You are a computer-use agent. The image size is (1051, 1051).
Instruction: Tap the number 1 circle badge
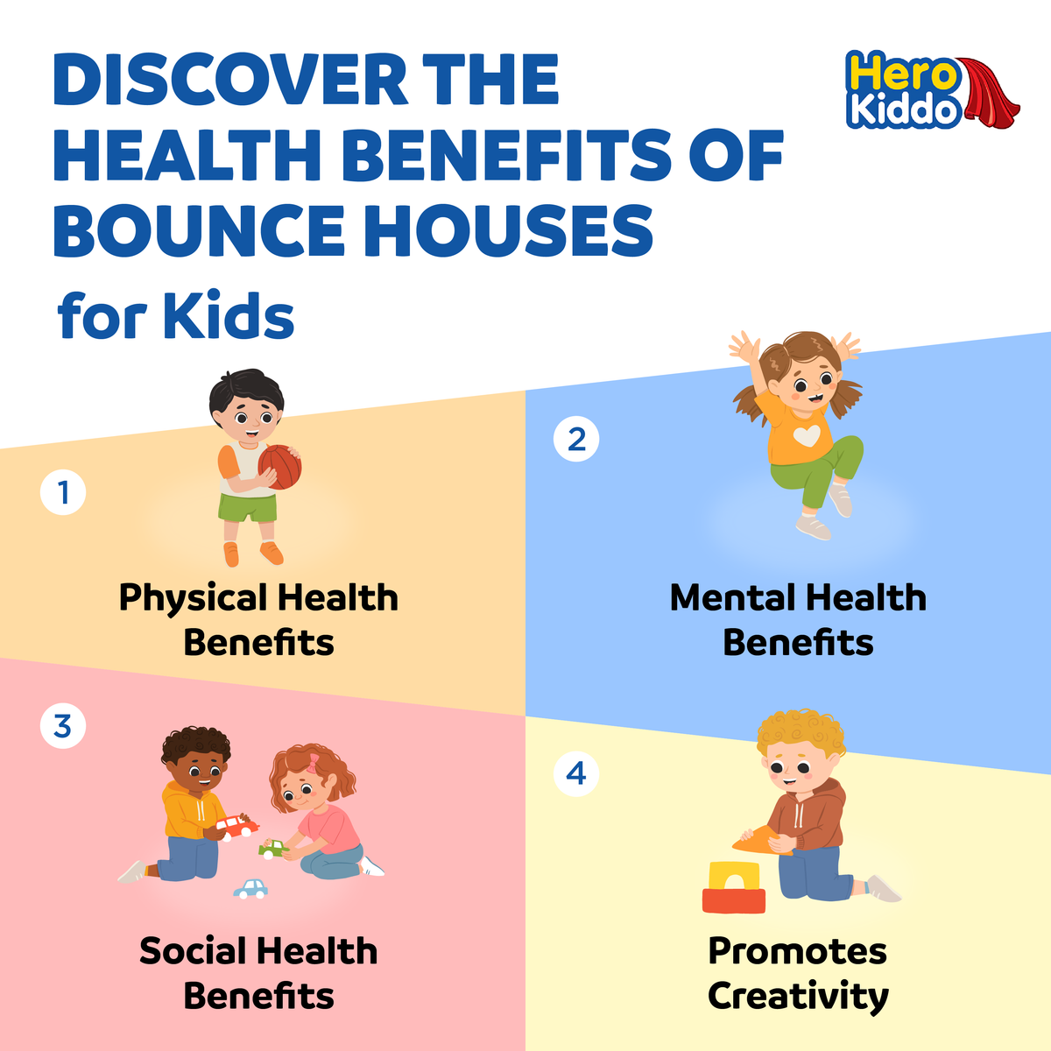point(63,492)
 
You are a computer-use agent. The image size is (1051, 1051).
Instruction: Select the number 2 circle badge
point(576,439)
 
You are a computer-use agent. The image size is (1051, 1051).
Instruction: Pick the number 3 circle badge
point(63,726)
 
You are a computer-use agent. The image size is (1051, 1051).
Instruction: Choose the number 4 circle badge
point(576,773)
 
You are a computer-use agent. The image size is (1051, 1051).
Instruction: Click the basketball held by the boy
point(280,467)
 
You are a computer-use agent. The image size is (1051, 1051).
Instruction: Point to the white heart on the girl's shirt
point(807,435)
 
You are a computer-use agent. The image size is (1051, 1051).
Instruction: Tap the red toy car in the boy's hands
point(236,825)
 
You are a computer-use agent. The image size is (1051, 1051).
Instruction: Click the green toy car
point(274,848)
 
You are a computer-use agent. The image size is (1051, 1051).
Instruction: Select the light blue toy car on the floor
point(251,888)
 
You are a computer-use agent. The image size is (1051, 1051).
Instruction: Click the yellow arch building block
point(735,875)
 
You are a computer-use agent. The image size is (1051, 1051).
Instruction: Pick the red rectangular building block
point(734,900)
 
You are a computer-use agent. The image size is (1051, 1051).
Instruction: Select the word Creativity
point(798,996)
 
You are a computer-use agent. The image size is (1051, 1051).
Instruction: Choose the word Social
point(193,952)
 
